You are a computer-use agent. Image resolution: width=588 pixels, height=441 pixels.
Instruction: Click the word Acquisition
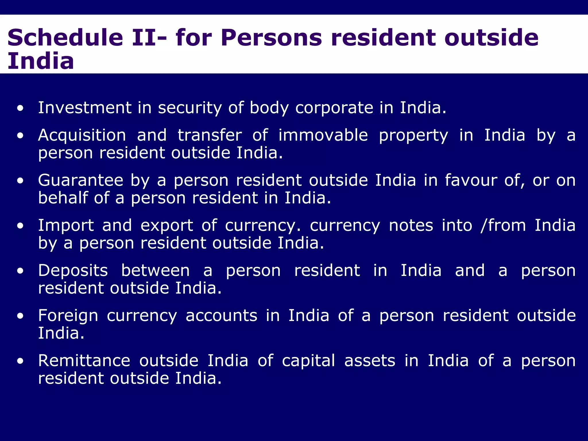82,135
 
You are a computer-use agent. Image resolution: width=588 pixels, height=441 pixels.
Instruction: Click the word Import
66,225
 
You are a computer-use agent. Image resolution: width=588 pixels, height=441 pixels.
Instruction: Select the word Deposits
73,270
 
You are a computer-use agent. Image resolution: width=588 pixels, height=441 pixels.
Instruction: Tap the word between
155,270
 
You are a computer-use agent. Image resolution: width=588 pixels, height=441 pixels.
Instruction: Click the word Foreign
68,316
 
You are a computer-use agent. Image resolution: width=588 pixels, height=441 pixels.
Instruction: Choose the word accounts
221,316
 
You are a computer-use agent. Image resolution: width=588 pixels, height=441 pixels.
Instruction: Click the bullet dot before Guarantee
20,181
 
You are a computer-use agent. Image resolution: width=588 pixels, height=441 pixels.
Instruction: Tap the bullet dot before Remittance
20,361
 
